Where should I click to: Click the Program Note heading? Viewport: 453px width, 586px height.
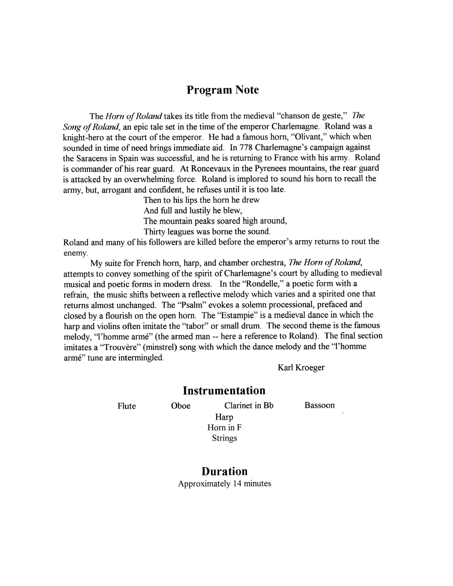[223, 90]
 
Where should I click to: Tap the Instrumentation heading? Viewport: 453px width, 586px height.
[224, 391]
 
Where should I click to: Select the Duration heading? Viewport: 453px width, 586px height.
[224, 471]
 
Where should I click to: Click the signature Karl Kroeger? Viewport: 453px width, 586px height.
[301, 368]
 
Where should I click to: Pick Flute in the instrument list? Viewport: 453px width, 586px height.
[127, 406]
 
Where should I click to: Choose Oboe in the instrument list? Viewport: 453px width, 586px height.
[181, 406]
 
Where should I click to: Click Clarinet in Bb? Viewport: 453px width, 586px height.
[249, 405]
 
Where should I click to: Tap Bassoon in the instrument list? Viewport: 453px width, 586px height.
[319, 405]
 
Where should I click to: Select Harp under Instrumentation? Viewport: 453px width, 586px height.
[224, 417]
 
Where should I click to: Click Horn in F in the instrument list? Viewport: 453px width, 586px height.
[224, 428]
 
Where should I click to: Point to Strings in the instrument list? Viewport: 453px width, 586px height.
[224, 438]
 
